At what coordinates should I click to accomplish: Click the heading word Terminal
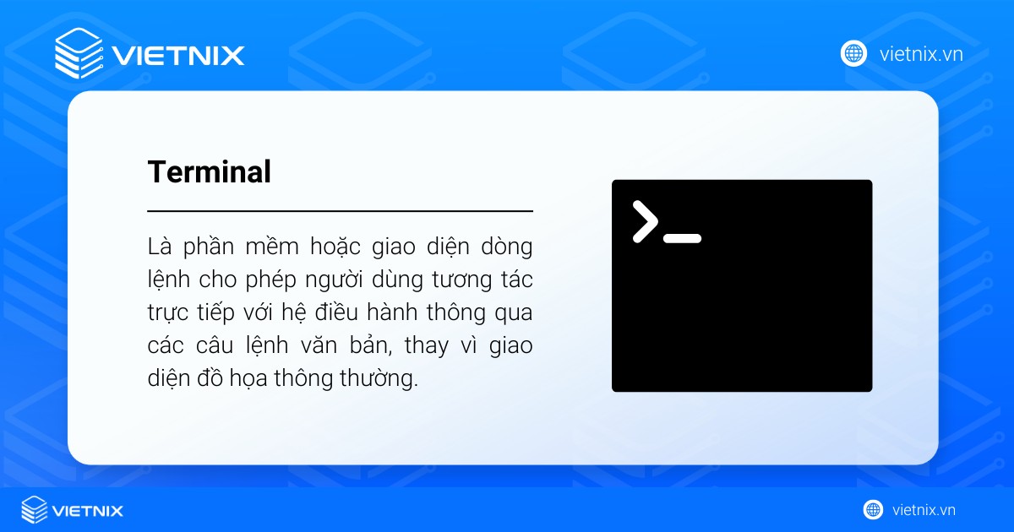tap(209, 172)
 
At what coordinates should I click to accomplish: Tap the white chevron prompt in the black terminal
tap(645, 222)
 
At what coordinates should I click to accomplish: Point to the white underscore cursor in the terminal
tap(682, 238)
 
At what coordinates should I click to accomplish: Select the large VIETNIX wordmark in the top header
tap(177, 56)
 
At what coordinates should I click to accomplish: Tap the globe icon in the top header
tap(853, 53)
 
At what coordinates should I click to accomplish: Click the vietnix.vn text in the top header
tap(921, 54)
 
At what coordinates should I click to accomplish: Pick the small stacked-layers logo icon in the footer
tap(34, 510)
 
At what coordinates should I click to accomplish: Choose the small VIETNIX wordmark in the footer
tap(88, 511)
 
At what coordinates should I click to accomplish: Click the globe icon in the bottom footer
tap(873, 509)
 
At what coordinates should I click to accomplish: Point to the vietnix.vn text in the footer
tap(924, 510)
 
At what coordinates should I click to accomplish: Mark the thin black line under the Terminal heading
tap(340, 210)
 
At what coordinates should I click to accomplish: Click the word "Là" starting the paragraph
tap(159, 247)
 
